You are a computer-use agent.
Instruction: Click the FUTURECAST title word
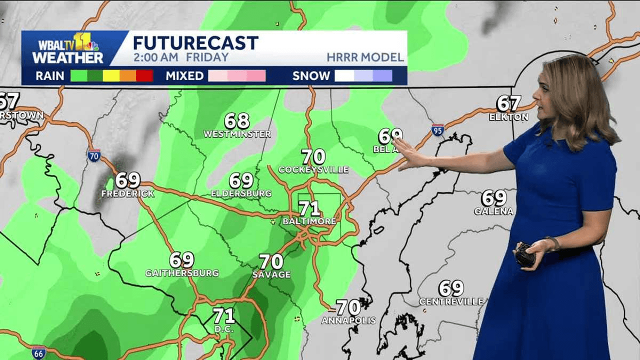(195, 42)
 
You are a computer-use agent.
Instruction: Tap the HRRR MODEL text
(365, 57)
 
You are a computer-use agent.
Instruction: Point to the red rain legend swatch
(144, 76)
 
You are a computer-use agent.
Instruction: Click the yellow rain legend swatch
(111, 76)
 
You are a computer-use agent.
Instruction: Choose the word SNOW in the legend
(311, 76)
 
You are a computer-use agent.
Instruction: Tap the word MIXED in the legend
(184, 76)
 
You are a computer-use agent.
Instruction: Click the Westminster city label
(237, 134)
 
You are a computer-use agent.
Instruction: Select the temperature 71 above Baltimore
(309, 208)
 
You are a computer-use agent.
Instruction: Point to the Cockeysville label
(313, 169)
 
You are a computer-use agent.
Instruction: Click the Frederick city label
(127, 193)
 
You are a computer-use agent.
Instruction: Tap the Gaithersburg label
(182, 273)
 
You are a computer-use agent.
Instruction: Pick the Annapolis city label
(348, 320)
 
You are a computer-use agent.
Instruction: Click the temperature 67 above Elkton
(508, 103)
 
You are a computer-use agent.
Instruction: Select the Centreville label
(451, 301)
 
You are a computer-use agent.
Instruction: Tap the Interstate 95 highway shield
(438, 130)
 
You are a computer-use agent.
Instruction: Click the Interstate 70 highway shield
(94, 155)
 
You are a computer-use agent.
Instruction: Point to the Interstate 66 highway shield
(38, 352)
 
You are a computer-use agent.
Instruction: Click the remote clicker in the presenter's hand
(524, 255)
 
